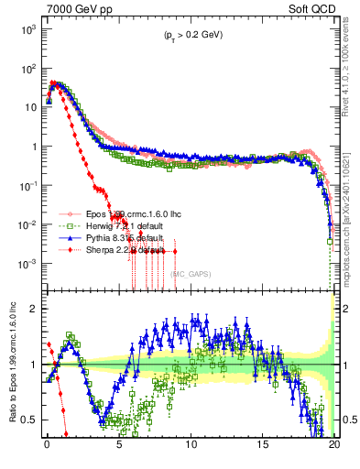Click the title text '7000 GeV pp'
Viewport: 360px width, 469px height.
75,8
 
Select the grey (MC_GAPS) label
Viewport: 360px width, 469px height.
191,273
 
